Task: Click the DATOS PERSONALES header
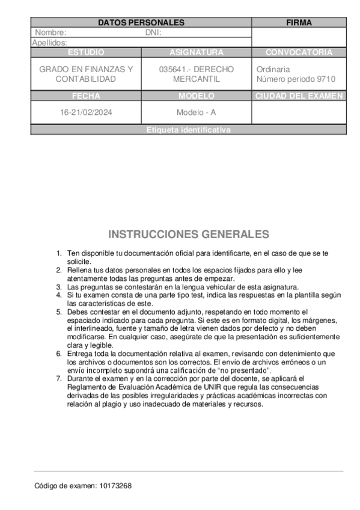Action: tap(141, 22)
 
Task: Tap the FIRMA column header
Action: tap(299, 22)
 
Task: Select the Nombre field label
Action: tap(50, 32)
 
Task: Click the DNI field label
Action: tap(153, 32)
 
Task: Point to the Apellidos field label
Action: tap(49, 43)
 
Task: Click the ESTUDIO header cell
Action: tap(86, 52)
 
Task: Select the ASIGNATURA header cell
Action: tap(196, 52)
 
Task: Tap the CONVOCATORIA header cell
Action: tap(299, 52)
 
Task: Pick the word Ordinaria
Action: tap(273, 69)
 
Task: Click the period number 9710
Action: tap(326, 79)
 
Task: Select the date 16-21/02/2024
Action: tap(86, 112)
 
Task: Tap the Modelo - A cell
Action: tap(196, 112)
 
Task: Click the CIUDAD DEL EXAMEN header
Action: tap(299, 96)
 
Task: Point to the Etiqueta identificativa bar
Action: tap(188, 130)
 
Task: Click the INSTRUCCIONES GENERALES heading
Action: tap(188, 234)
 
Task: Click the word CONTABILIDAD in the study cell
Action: tap(86, 79)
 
